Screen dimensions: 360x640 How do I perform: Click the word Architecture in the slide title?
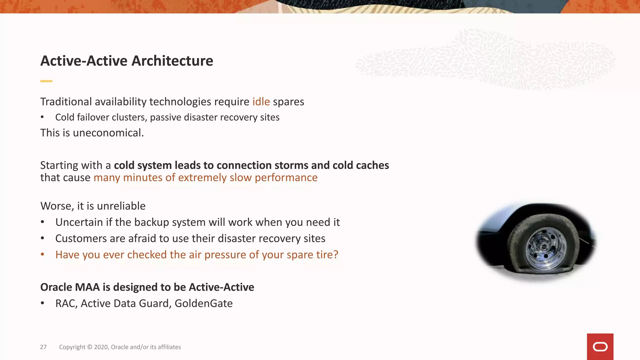172,61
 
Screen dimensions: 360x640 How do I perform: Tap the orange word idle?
261,102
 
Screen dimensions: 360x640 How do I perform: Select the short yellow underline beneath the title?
46,81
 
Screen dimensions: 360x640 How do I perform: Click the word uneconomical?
108,133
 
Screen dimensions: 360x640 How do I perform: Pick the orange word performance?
286,177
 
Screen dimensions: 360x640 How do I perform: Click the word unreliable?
121,206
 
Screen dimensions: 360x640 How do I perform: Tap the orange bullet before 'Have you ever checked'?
42,254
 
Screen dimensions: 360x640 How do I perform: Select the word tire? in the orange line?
327,255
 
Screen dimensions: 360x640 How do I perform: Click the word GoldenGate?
203,303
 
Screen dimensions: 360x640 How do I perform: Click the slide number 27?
43,347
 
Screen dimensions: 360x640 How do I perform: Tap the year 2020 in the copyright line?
101,347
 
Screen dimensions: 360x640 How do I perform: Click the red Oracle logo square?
600,347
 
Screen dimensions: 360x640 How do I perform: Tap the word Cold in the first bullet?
65,117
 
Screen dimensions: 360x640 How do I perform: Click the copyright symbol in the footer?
89,347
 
